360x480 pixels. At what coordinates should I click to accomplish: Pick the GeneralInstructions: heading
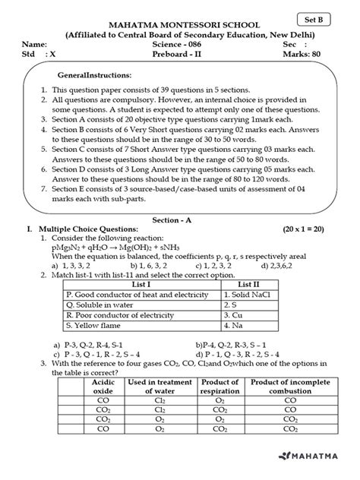[94, 76]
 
